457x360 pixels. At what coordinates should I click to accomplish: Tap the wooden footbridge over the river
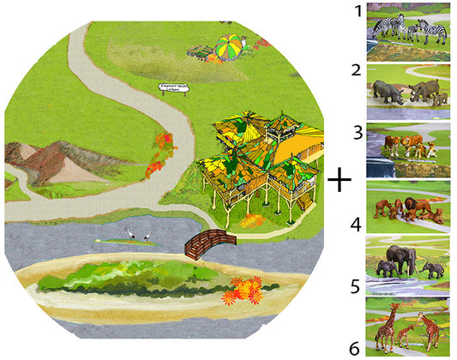click(209, 243)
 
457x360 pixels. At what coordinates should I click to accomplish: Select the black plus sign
click(341, 180)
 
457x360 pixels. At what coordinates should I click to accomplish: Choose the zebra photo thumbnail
click(408, 32)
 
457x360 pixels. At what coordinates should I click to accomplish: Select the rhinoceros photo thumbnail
click(408, 91)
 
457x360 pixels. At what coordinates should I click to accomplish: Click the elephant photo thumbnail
click(408, 262)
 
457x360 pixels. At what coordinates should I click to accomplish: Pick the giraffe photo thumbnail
click(408, 326)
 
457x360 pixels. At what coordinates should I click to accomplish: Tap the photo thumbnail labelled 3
click(408, 147)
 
